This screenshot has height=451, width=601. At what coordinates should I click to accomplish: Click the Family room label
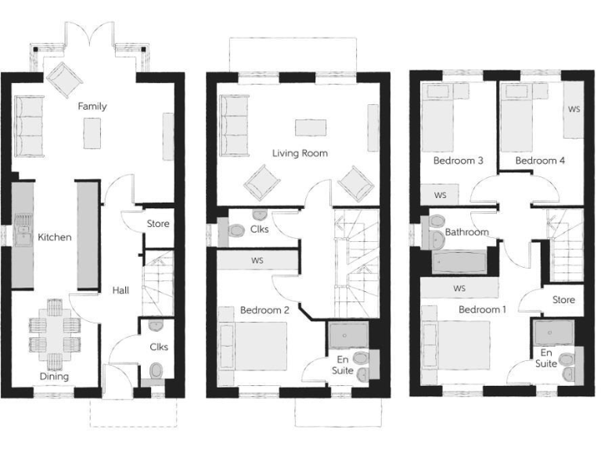(x=92, y=106)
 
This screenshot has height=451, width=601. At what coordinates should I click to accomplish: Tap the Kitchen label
(x=55, y=236)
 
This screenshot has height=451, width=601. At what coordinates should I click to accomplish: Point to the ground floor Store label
(x=158, y=225)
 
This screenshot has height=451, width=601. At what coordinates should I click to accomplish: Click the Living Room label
(x=300, y=153)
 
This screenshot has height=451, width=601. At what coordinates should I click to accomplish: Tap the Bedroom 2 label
(x=265, y=310)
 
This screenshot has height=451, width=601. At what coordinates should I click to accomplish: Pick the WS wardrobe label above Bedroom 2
(x=257, y=260)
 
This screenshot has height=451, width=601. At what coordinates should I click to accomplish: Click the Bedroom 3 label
(x=458, y=161)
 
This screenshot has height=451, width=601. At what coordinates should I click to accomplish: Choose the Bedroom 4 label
(x=540, y=161)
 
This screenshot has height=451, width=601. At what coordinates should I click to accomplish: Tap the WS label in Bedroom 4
(x=574, y=109)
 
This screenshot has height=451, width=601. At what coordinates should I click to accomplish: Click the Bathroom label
(x=467, y=233)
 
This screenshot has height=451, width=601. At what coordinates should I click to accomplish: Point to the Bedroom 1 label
(x=482, y=310)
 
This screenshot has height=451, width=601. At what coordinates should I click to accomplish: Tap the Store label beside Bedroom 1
(x=563, y=300)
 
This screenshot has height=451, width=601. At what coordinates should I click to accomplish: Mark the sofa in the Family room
(x=30, y=126)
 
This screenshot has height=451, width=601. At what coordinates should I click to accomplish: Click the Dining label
(x=55, y=377)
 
